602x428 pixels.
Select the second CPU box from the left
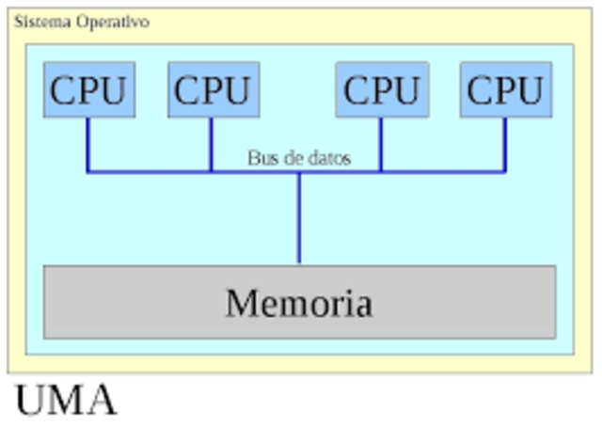tap(213, 89)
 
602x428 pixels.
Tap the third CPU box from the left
tap(381, 89)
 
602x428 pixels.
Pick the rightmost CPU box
tap(505, 89)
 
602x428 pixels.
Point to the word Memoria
tap(299, 303)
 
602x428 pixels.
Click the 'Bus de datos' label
tap(299, 158)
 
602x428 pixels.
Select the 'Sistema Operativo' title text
tap(81, 22)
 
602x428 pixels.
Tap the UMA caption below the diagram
tap(66, 401)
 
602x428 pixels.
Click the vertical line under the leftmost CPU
tap(87, 145)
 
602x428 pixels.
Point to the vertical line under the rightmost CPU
tap(505, 145)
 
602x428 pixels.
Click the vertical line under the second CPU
tap(212, 145)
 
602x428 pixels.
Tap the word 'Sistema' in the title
tap(39, 22)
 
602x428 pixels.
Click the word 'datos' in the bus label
tap(328, 158)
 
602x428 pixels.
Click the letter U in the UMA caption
tap(32, 401)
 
